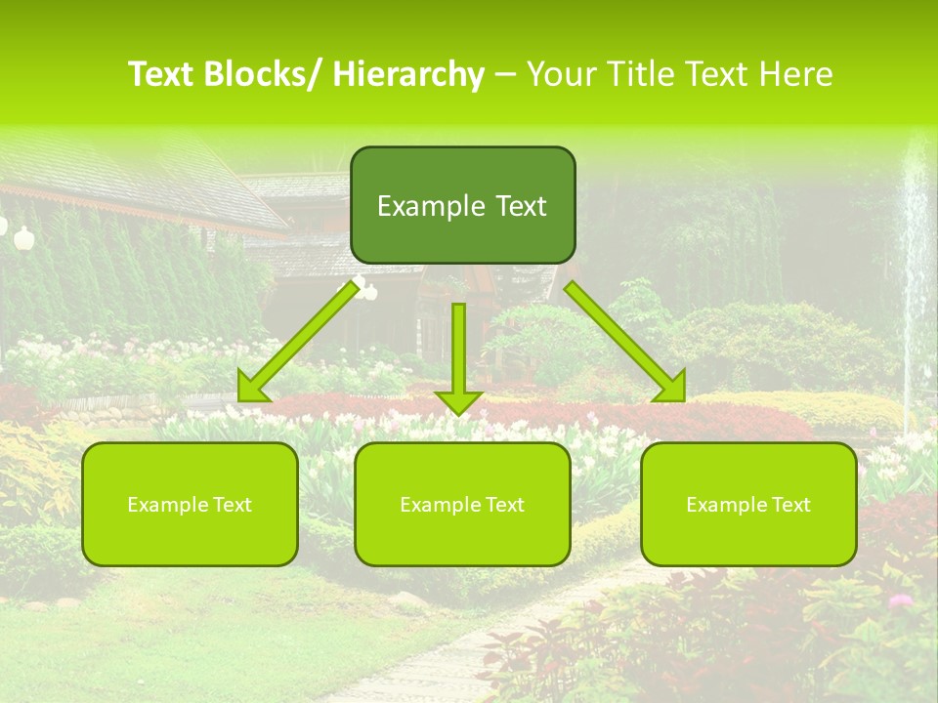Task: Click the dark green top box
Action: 462,205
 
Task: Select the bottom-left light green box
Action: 190,504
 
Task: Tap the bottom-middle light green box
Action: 462,504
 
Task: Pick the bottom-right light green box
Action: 748,504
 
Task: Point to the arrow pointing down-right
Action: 623,338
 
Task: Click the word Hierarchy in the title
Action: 408,74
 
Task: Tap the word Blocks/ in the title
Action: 264,74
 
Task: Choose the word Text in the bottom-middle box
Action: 501,505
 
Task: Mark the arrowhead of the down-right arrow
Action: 671,386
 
